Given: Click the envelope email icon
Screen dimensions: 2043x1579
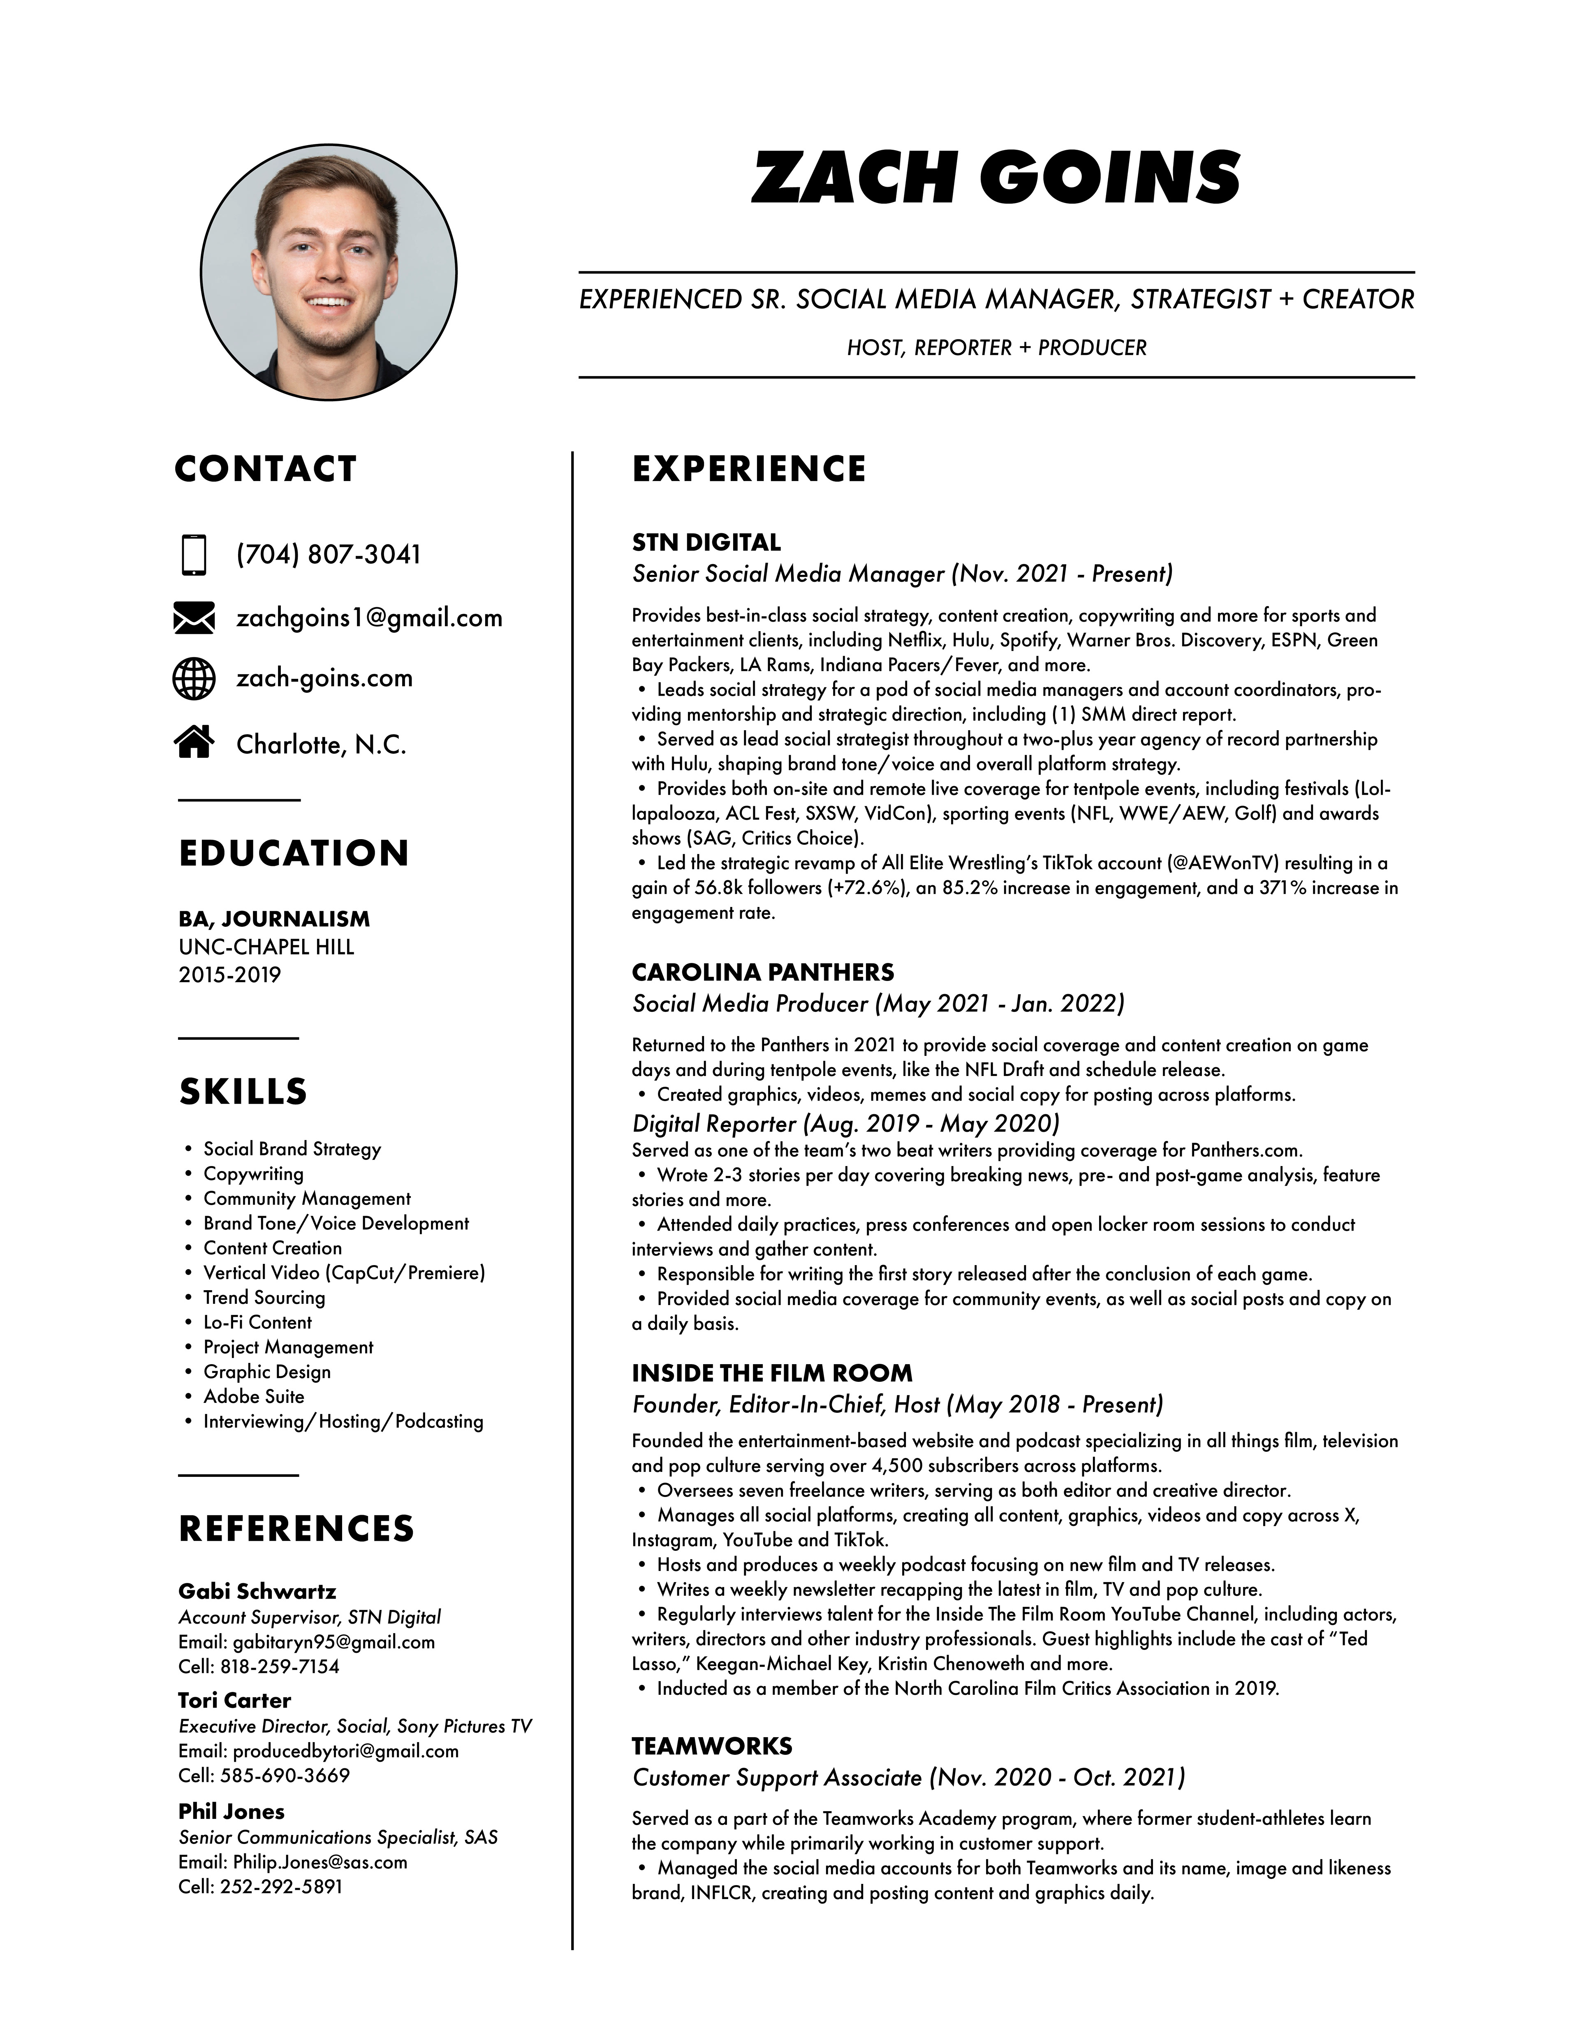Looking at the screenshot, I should (x=194, y=618).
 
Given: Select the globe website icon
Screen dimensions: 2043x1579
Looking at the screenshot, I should (x=194, y=678).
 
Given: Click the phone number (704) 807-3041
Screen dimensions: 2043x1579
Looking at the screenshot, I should (x=328, y=555).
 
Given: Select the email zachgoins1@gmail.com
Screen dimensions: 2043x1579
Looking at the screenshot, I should (x=370, y=618).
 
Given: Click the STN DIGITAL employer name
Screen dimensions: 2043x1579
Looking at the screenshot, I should (x=706, y=543).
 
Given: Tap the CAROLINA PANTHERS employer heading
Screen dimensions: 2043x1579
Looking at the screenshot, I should (x=762, y=972).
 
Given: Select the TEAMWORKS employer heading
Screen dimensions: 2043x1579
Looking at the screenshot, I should (x=712, y=1745).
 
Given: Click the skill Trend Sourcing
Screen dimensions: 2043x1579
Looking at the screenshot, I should (x=264, y=1298).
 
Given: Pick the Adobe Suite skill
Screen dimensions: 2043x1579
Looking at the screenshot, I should (x=253, y=1397).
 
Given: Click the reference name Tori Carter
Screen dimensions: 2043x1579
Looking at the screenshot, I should (x=235, y=1700).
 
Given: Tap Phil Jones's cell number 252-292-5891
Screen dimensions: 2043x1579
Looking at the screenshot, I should (x=280, y=1887).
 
